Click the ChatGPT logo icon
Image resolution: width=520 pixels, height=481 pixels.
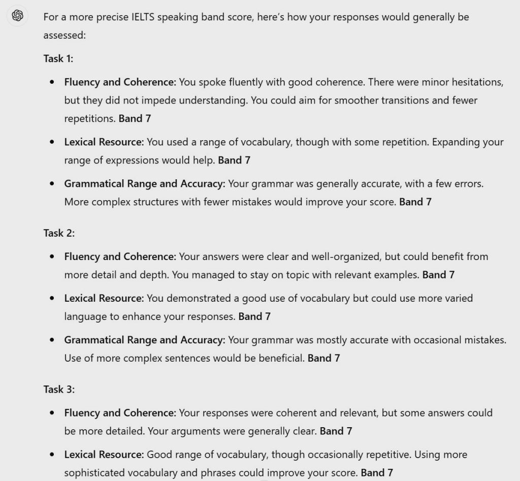click(17, 16)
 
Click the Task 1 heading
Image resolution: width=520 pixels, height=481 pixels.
click(58, 58)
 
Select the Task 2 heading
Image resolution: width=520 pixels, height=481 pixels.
click(59, 233)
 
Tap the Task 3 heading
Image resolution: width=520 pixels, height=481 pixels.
click(59, 390)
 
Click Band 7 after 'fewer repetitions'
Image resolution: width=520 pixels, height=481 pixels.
click(135, 118)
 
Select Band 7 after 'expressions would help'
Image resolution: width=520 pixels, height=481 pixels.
click(234, 160)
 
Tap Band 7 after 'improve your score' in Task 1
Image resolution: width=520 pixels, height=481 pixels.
click(415, 202)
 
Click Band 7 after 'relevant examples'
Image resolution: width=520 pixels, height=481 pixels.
click(438, 275)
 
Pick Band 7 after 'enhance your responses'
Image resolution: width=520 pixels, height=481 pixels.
click(254, 316)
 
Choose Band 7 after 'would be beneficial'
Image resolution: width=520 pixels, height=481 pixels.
click(323, 358)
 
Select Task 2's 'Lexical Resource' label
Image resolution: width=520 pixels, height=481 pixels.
click(104, 298)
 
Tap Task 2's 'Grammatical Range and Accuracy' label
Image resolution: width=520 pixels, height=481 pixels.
click(145, 340)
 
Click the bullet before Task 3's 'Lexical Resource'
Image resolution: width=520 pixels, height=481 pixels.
click(52, 455)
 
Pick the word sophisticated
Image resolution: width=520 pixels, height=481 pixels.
click(93, 473)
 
